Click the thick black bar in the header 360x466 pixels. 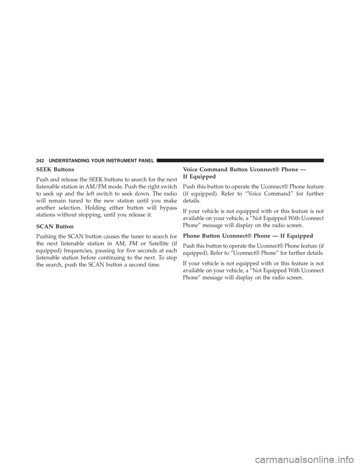(x=240, y=160)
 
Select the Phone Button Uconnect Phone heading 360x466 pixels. (x=248, y=236)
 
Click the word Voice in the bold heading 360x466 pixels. (x=191, y=170)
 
